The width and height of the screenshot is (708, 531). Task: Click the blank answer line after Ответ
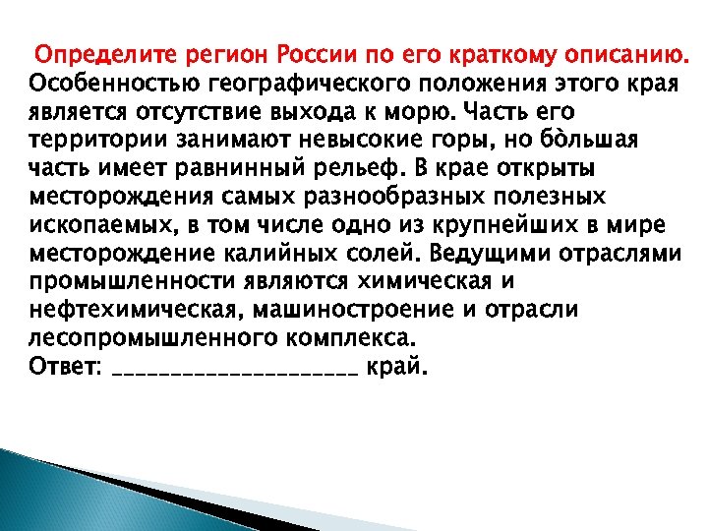236,372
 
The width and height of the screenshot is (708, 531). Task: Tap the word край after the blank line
397,368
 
